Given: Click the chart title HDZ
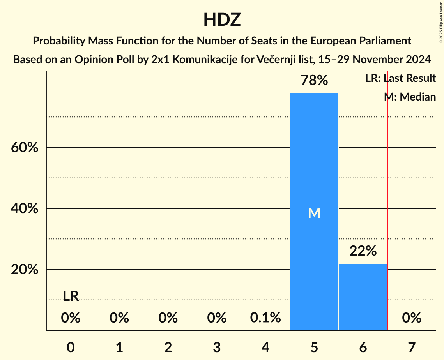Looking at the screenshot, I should (x=222, y=20).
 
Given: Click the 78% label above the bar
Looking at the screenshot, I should (x=314, y=81).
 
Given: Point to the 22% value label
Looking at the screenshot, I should (x=363, y=251).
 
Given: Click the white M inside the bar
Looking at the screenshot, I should (x=314, y=213).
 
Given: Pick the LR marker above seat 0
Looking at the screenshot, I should (x=71, y=296).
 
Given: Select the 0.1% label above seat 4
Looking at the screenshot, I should (x=265, y=318).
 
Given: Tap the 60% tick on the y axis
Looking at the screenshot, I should (x=25, y=148).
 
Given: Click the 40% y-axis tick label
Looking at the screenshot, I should (x=25, y=209).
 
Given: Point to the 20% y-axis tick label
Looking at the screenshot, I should (x=25, y=270).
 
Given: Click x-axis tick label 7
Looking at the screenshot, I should (x=412, y=347).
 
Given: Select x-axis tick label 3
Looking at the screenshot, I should (x=217, y=347).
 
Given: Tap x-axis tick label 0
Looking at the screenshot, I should (x=71, y=347).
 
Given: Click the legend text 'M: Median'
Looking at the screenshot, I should (x=410, y=97).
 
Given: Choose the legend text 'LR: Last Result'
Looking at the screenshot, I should (x=400, y=78).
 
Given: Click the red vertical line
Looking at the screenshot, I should (x=387, y=195).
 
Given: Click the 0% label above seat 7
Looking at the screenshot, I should (x=412, y=318).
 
